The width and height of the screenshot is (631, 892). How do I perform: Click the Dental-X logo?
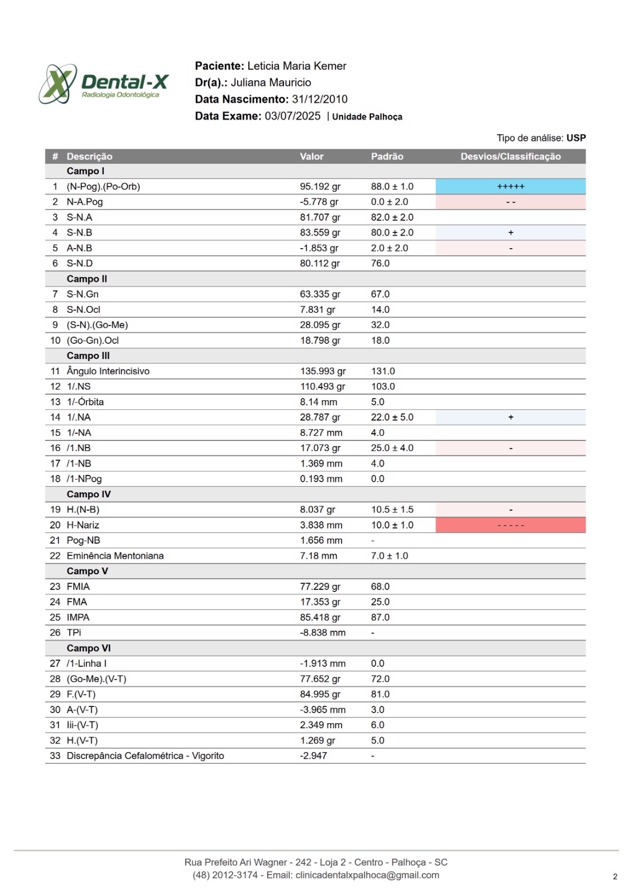(103, 84)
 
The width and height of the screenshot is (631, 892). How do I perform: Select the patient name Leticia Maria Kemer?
(297, 66)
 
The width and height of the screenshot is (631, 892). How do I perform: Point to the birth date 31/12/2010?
(320, 99)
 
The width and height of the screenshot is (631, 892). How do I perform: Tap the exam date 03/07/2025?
(292, 116)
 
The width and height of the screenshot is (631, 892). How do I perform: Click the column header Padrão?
(387, 157)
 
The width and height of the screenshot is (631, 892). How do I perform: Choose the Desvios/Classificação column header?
(510, 157)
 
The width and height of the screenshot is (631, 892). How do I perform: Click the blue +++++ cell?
(510, 187)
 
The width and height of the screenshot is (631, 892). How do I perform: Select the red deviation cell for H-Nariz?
(510, 525)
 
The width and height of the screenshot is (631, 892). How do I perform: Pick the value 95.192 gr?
(320, 187)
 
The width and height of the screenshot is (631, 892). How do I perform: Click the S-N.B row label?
(80, 232)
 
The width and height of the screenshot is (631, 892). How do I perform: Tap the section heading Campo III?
(88, 356)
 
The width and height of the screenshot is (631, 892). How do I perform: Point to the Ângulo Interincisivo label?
(108, 371)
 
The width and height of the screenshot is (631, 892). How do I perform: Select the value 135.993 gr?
(322, 371)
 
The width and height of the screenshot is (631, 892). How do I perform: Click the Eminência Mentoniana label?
(115, 556)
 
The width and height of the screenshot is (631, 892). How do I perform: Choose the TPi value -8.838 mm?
(322, 633)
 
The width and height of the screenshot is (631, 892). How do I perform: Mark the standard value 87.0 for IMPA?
(380, 617)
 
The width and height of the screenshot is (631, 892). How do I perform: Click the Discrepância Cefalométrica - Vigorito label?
(145, 756)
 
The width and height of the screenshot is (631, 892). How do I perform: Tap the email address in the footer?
(367, 875)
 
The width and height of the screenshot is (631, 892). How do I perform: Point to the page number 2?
(615, 876)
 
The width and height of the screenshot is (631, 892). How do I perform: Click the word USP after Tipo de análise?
(576, 138)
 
